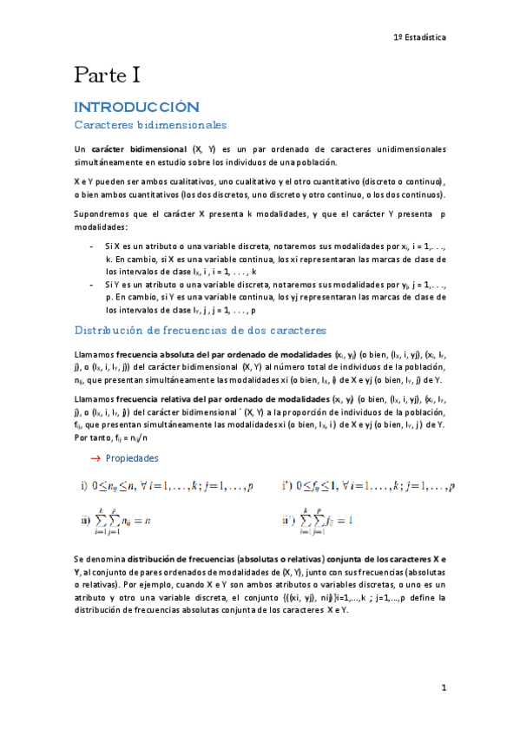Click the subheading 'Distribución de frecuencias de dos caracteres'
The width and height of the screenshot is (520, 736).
tap(200, 331)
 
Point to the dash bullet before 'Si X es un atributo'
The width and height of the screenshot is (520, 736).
tap(93, 247)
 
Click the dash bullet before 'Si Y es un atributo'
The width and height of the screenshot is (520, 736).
tap(93, 285)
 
